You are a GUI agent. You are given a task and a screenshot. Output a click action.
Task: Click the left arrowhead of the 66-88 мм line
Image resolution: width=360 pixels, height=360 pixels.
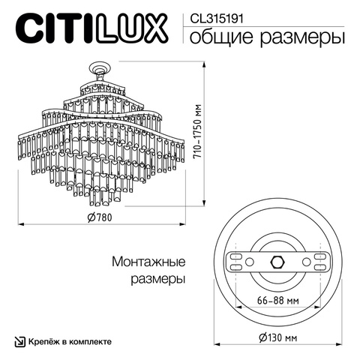[238, 307]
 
